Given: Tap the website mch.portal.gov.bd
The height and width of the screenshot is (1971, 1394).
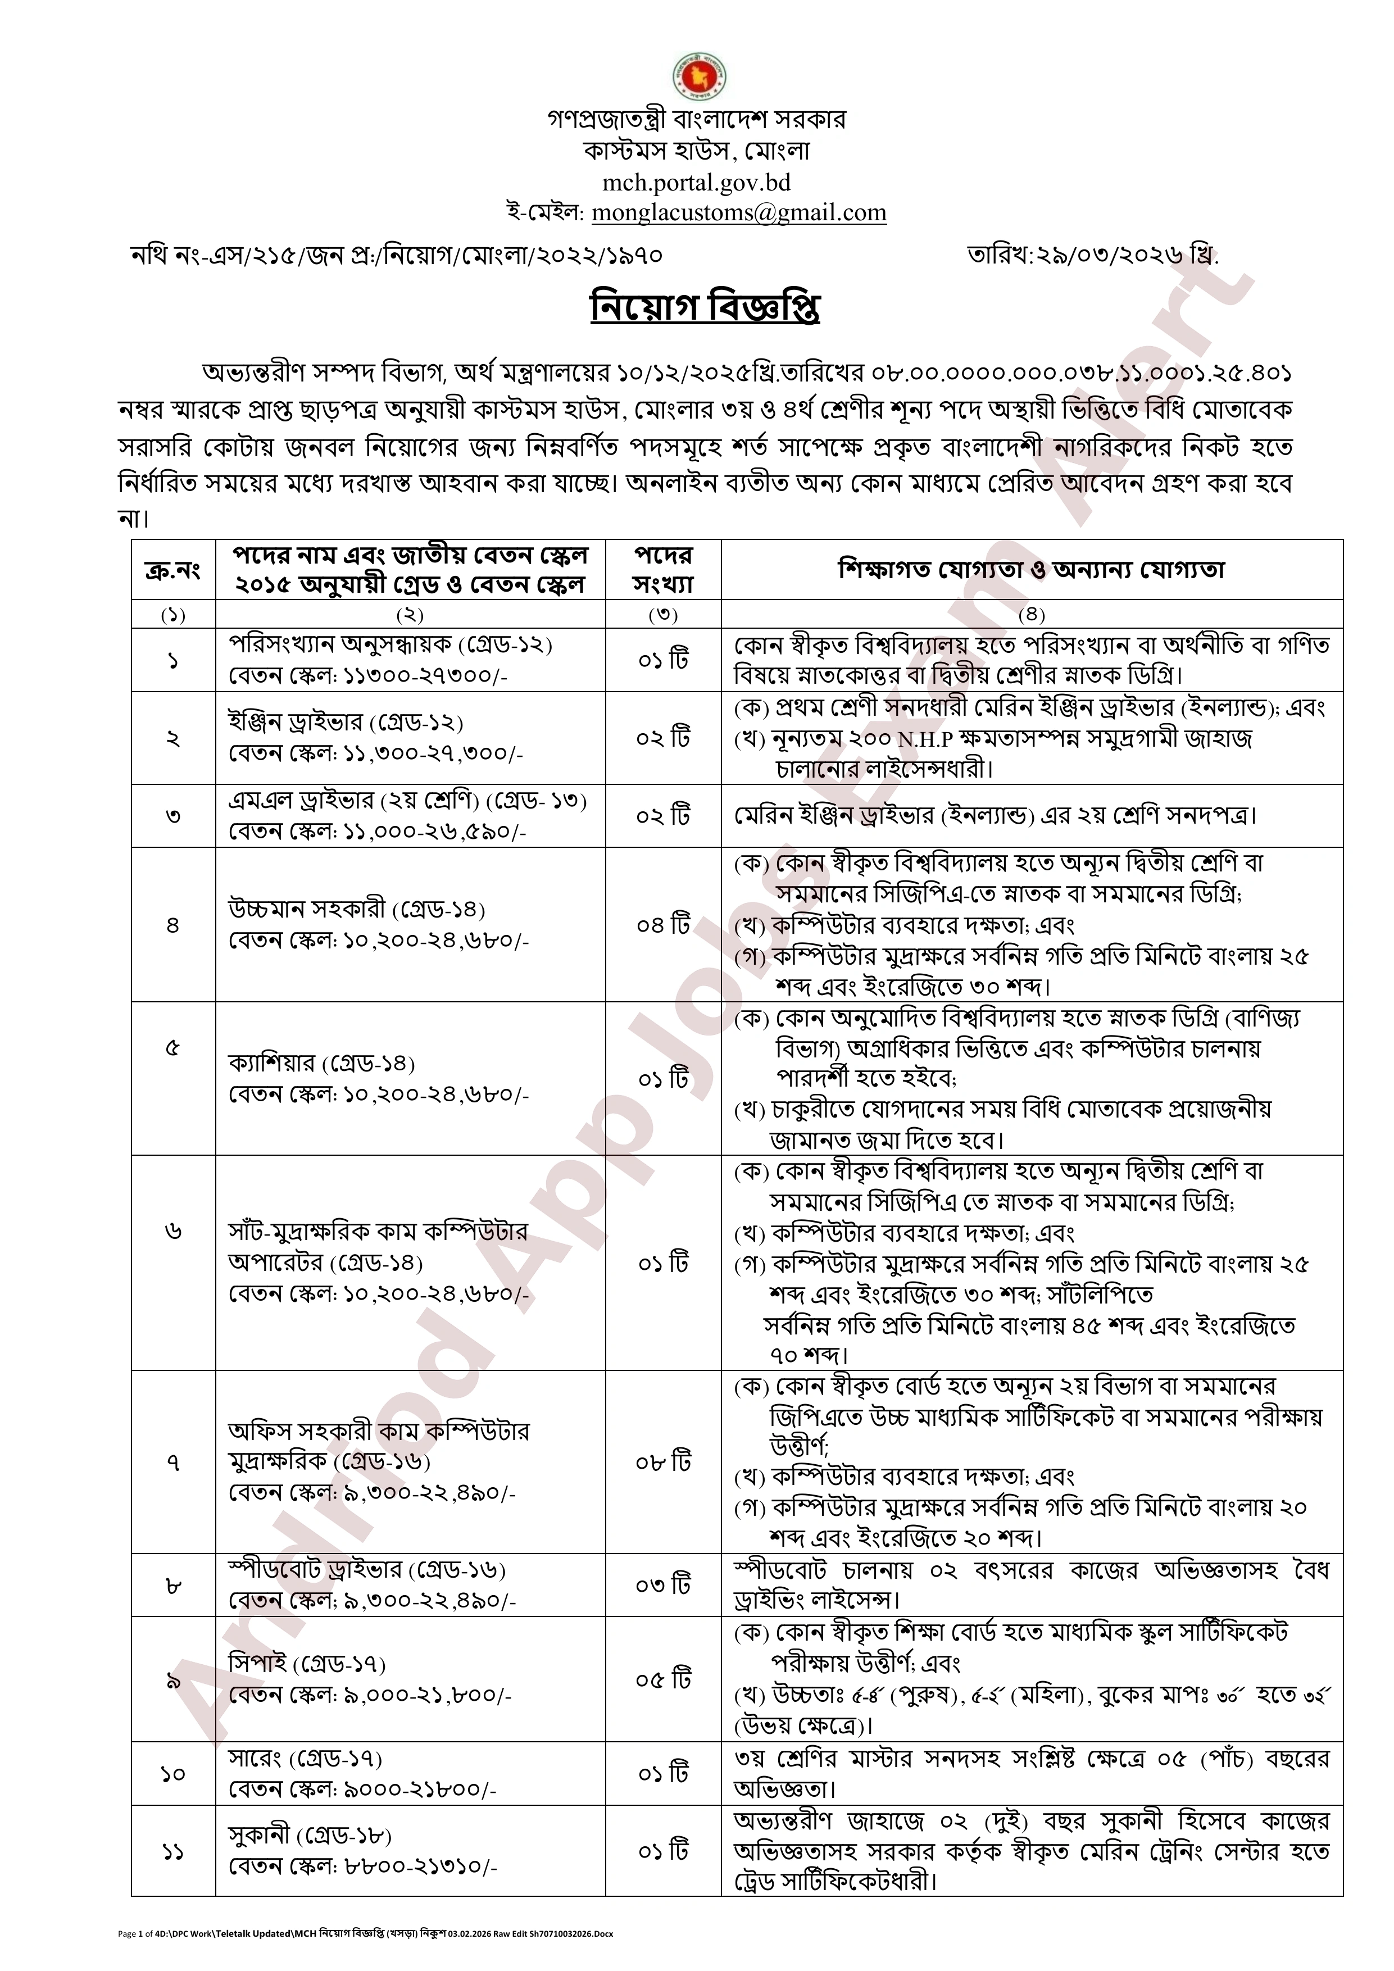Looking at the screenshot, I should tap(696, 182).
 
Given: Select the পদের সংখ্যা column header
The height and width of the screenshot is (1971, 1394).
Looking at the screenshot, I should tap(662, 569).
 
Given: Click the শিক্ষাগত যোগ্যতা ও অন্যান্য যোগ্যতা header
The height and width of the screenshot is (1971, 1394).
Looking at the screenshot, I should tap(1031, 569).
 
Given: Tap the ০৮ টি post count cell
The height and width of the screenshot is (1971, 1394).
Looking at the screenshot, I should tap(662, 1461).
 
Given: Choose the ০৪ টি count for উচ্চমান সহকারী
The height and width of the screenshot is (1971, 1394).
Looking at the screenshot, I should tap(662, 925).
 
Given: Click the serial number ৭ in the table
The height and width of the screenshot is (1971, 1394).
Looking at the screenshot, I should tap(172, 1461).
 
